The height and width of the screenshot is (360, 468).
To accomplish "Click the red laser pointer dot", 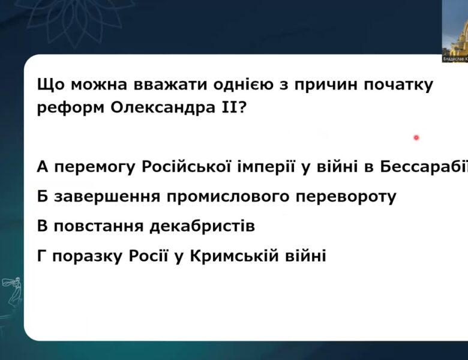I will point(416,137).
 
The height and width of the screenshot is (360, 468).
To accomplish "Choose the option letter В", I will point(42,227).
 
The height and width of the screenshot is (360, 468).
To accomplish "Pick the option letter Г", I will point(41,257).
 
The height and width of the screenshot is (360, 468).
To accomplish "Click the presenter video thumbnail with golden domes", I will point(455,30).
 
